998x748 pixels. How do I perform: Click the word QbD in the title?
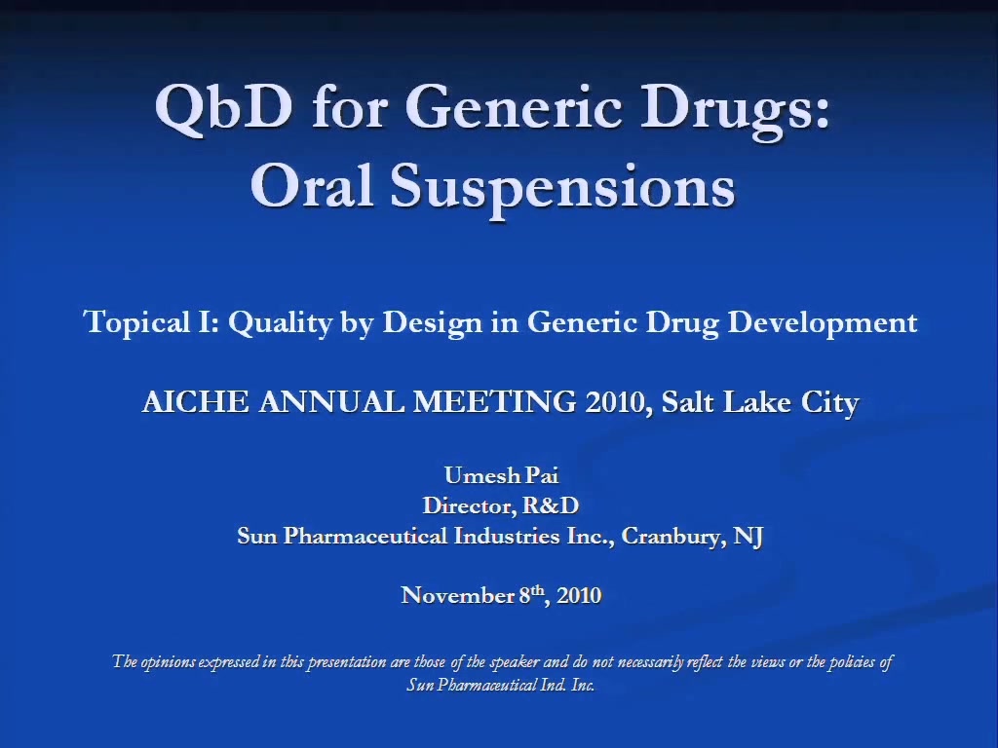pyautogui.click(x=224, y=107)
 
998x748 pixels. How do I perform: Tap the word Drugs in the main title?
pyautogui.click(x=735, y=110)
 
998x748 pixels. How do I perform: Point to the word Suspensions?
pyautogui.click(x=562, y=188)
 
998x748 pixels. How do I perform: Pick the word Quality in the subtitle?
pyautogui.click(x=280, y=322)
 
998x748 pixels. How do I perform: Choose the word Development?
pyautogui.click(x=823, y=322)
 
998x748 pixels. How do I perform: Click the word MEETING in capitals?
pyautogui.click(x=494, y=402)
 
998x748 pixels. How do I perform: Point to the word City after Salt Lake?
pyautogui.click(x=830, y=403)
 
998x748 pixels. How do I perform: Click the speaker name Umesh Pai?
pyautogui.click(x=502, y=475)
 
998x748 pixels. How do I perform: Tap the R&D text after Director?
pyautogui.click(x=551, y=505)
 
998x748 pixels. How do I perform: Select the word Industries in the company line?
pyautogui.click(x=507, y=536)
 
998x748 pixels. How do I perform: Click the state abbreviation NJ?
pyautogui.click(x=748, y=537)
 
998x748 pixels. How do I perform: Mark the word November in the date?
pyautogui.click(x=458, y=595)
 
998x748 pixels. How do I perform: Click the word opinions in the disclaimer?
pyautogui.click(x=168, y=662)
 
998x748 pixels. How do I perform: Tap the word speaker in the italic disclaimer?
pyautogui.click(x=514, y=662)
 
